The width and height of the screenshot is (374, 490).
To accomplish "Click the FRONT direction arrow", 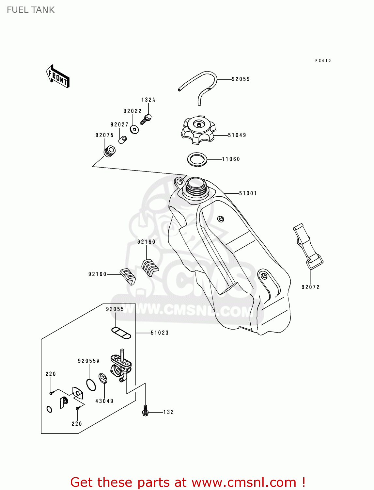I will [58, 76].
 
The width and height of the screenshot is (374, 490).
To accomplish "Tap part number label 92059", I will [241, 79].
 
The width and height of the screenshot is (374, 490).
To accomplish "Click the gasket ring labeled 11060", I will [197, 159].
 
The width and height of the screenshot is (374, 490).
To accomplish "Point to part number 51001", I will [248, 193].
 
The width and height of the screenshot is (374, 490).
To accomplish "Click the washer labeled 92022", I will [134, 129].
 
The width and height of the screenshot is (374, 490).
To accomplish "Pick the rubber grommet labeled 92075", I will [109, 152].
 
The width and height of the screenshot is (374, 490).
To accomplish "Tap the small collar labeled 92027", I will [123, 139].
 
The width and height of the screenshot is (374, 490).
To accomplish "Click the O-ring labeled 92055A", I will [91, 384].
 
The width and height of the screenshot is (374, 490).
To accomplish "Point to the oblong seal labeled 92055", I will [121, 333].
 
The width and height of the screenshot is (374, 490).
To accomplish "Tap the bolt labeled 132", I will [146, 411].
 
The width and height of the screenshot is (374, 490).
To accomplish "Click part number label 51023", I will [160, 333].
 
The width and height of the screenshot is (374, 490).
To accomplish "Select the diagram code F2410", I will [323, 61].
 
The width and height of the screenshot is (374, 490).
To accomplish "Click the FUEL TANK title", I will [31, 10].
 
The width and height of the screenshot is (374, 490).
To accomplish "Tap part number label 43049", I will [104, 401].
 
